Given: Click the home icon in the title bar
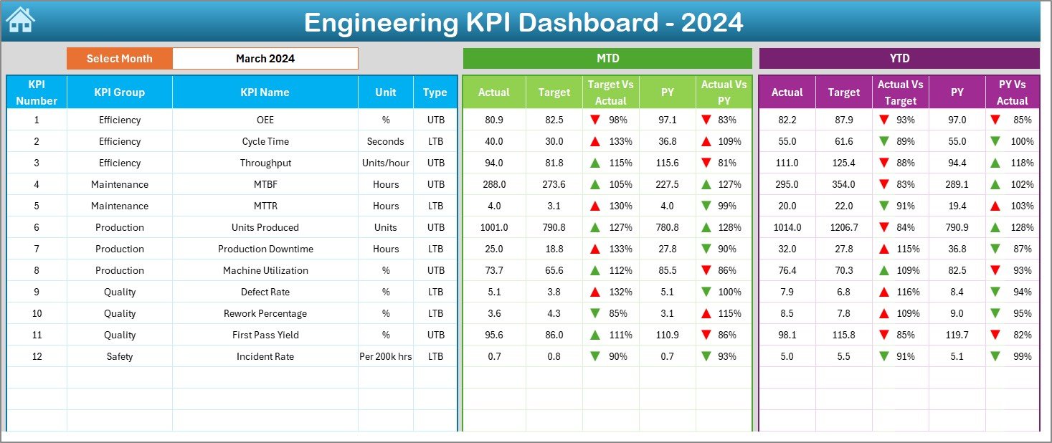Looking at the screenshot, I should pyautogui.click(x=20, y=20).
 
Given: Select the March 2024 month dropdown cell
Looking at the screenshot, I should pyautogui.click(x=265, y=59).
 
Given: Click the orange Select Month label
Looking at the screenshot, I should pyautogui.click(x=119, y=59).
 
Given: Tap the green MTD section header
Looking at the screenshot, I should pyautogui.click(x=607, y=59).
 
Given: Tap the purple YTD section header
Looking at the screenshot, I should pyautogui.click(x=899, y=59).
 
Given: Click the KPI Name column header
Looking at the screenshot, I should pyautogui.click(x=265, y=92).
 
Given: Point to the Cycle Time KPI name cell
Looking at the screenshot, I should pyautogui.click(x=265, y=141).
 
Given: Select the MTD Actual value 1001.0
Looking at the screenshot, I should pyautogui.click(x=494, y=227).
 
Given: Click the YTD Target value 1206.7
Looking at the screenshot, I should pyautogui.click(x=843, y=227).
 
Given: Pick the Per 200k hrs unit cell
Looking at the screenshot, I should pyautogui.click(x=386, y=356).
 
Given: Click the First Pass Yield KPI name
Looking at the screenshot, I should pyautogui.click(x=265, y=335).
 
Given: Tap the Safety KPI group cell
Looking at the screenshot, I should pyautogui.click(x=120, y=356).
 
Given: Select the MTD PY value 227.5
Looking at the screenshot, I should pyautogui.click(x=667, y=184).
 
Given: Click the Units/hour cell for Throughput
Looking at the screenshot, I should pyautogui.click(x=386, y=163).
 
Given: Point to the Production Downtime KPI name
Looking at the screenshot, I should pyautogui.click(x=265, y=249).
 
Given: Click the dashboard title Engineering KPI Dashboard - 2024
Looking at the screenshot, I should pyautogui.click(x=523, y=22).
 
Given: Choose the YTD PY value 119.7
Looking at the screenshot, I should pyautogui.click(x=957, y=335).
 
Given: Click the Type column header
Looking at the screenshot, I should pyautogui.click(x=435, y=92).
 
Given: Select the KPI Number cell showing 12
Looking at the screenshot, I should pyautogui.click(x=37, y=356).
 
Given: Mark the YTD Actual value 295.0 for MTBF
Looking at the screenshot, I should pyautogui.click(x=787, y=184).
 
